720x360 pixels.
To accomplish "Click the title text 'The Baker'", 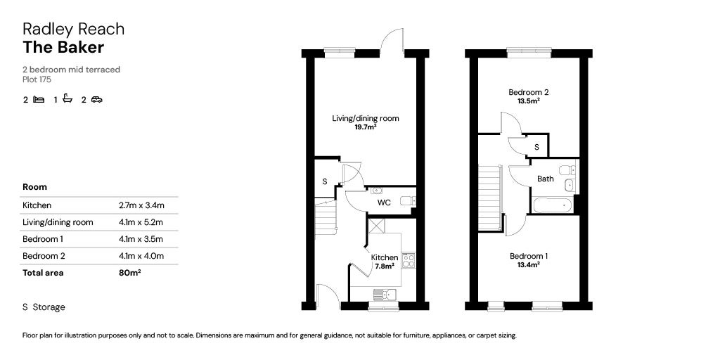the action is [63, 47].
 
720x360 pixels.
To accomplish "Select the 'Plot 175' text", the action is [37, 79].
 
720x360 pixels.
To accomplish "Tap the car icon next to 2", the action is [96, 99].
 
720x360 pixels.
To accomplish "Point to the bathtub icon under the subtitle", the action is [67, 98].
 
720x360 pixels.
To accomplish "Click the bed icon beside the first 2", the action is [39, 99].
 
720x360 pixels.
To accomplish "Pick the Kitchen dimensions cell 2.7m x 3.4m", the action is [141, 205].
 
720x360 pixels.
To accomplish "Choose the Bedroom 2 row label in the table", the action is [44, 256].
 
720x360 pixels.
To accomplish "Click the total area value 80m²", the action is [129, 272].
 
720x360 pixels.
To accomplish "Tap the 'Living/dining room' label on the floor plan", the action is [366, 118].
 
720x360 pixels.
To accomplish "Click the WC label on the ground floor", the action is [384, 202].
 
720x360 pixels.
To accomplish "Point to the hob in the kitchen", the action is [409, 260].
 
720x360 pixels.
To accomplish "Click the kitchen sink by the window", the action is [385, 294].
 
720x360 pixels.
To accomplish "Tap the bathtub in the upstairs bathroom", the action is [553, 205].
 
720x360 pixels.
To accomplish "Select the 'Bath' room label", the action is [546, 179].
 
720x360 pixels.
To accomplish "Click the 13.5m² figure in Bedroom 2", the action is [529, 101].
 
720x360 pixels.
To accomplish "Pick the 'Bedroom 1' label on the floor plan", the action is [529, 256].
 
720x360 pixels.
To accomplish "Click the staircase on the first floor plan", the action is [490, 198].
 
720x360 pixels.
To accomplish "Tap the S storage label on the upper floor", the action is [536, 147].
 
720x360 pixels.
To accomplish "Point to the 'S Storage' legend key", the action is [44, 307].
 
